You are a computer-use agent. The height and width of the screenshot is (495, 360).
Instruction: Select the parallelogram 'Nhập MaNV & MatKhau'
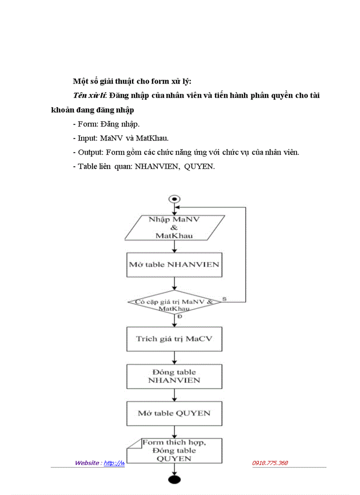tap(175, 227)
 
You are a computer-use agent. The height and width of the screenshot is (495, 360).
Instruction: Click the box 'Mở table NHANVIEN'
tap(174, 264)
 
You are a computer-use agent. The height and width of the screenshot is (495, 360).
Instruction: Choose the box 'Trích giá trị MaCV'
tap(174, 339)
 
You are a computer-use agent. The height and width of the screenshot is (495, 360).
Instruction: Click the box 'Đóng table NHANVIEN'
tap(174, 376)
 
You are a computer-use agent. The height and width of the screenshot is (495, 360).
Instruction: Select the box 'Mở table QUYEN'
tap(174, 413)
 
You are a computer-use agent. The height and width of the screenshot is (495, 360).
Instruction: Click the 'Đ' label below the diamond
tap(179, 316)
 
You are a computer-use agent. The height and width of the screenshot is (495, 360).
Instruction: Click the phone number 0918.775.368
tap(270, 463)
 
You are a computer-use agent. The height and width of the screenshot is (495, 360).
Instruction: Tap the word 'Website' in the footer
tap(87, 463)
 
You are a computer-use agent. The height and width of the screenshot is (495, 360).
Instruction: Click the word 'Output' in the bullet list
tap(90, 152)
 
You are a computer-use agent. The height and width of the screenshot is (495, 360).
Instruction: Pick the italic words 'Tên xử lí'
tap(90, 96)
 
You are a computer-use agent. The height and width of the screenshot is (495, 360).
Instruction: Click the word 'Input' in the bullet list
tap(87, 138)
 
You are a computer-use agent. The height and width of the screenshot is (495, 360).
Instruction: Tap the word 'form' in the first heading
tap(148, 82)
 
